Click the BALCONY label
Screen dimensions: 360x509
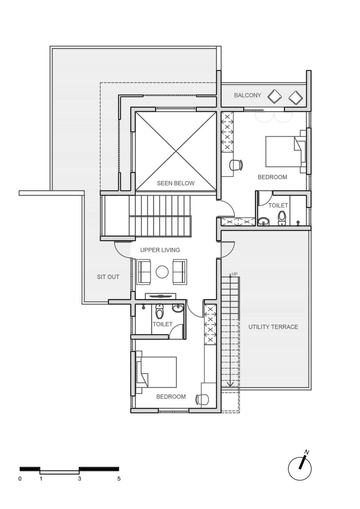pos(247,95)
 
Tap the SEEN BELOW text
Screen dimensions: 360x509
pos(176,183)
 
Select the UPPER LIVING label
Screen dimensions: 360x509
pos(160,250)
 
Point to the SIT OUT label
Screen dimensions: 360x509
pos(108,277)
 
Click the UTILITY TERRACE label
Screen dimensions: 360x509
pos(273,327)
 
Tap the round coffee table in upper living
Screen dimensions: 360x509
pos(162,272)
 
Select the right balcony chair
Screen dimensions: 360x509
pos(296,98)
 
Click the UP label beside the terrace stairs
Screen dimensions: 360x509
pos(235,274)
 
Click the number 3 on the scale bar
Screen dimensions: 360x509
pos(79,479)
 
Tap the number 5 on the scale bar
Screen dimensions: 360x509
pos(119,479)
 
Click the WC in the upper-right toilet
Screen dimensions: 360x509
pos(282,218)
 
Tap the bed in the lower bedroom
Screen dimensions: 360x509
pos(156,372)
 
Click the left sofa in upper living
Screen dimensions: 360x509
pos(143,272)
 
